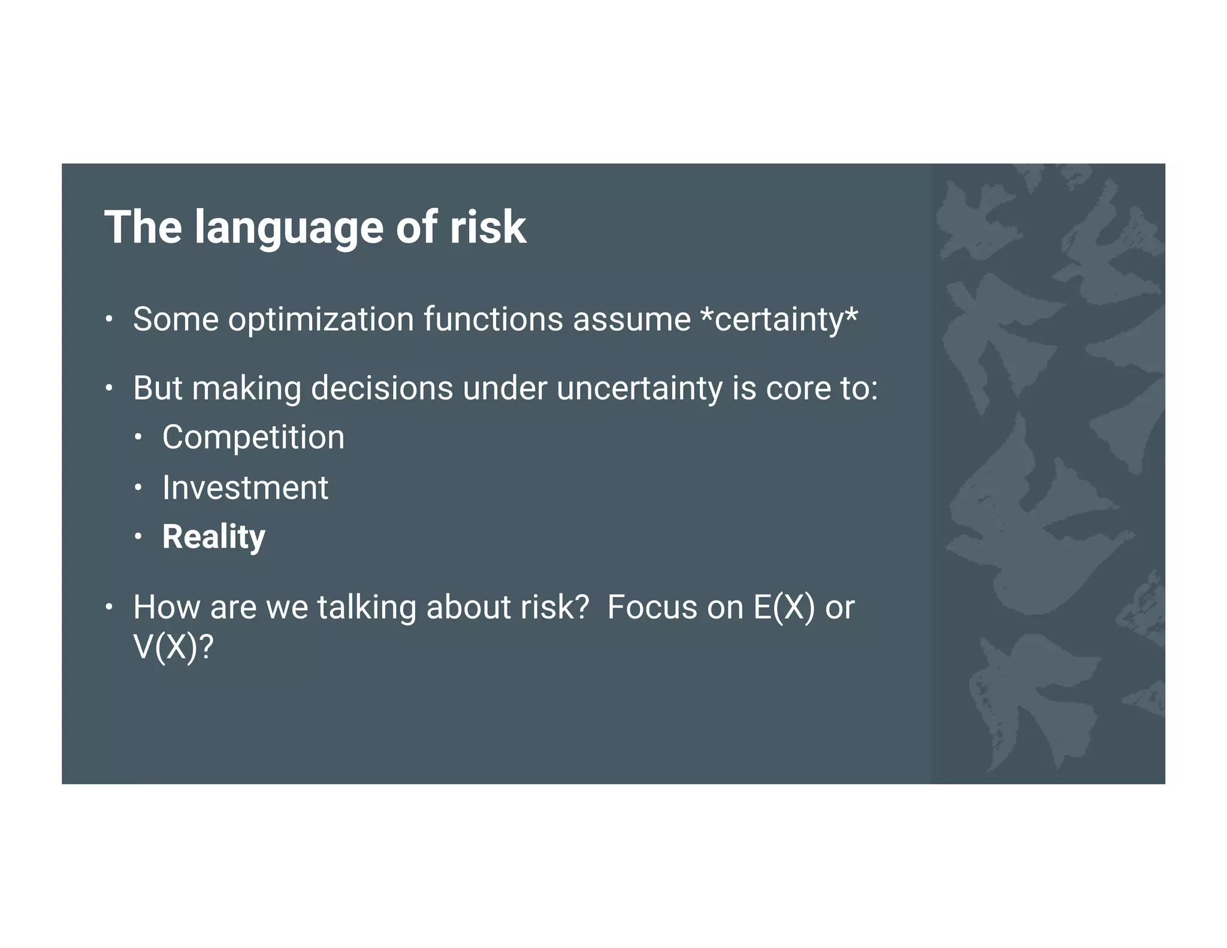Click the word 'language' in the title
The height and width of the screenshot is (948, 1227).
pos(288,228)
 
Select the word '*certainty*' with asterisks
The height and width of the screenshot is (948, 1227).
pos(779,319)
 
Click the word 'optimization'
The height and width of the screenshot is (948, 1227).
pos(321,319)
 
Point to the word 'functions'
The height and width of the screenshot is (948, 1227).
pos(493,319)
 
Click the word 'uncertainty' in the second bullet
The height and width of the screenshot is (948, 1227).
pos(639,388)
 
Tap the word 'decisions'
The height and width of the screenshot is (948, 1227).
pos(382,388)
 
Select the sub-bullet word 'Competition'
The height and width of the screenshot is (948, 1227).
pos(253,437)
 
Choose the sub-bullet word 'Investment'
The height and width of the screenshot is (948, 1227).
pos(245,488)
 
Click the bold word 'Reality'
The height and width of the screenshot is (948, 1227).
pos(213,537)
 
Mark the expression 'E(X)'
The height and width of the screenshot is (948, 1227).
pos(784,608)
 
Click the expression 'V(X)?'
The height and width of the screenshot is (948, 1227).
pos(173,647)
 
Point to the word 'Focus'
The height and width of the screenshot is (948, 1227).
pos(652,608)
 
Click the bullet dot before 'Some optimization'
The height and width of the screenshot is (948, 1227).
pos(108,319)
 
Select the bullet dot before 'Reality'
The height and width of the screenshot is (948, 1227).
pos(138,537)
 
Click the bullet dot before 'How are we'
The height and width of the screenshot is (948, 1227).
pos(108,608)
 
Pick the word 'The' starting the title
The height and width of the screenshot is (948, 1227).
pos(143,228)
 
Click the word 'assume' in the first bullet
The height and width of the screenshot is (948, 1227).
pos(631,319)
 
